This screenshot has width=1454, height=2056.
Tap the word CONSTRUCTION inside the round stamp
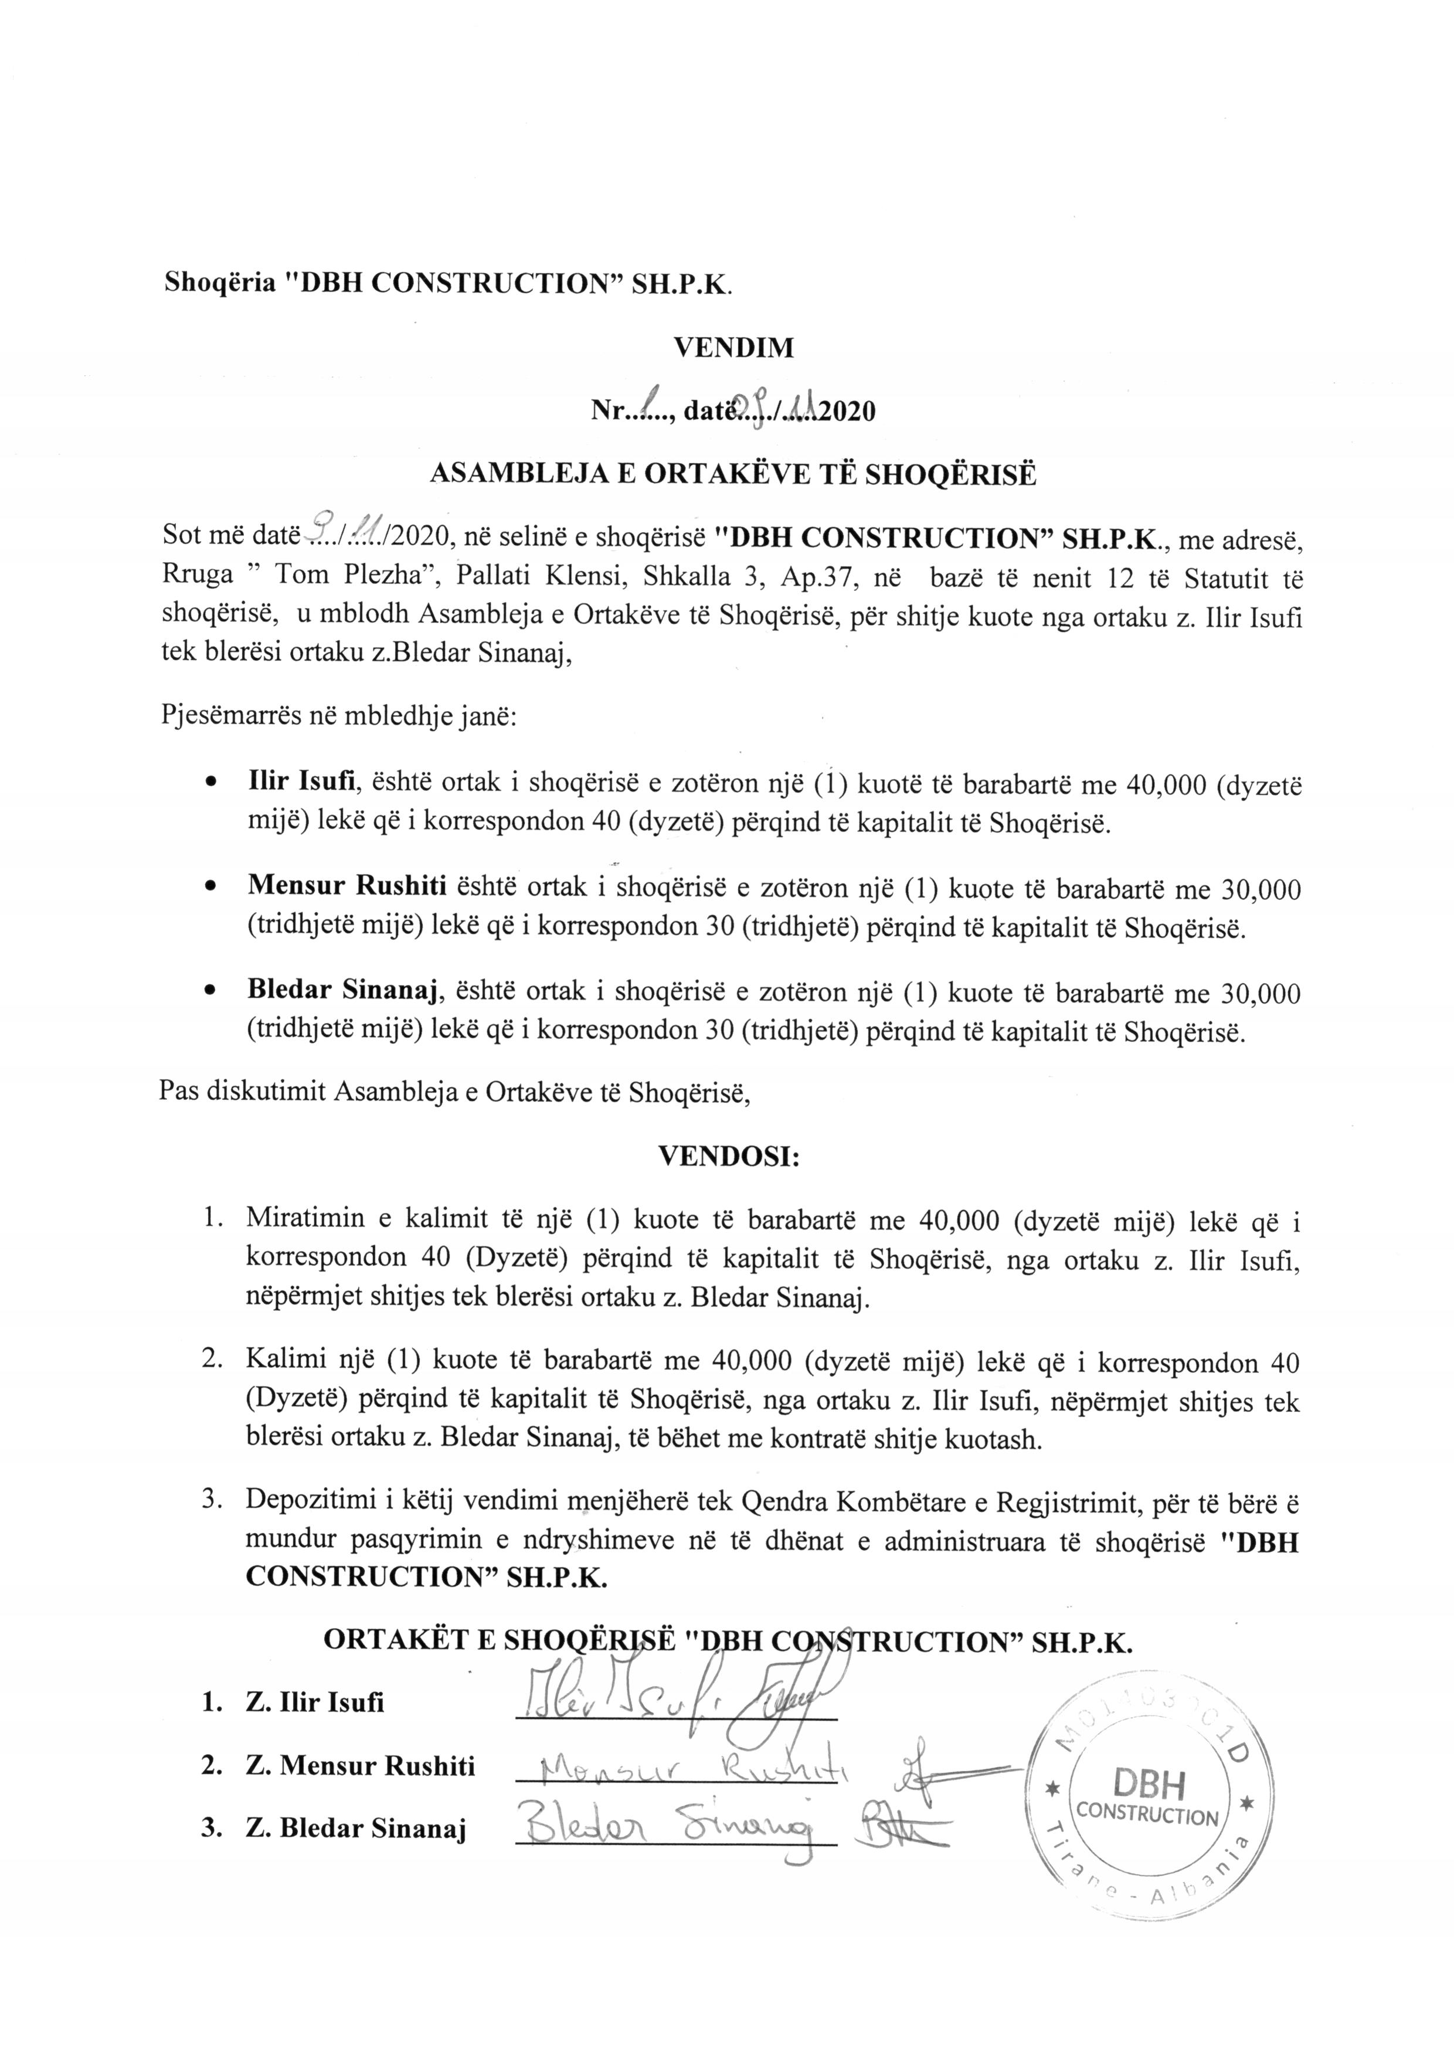point(1149,1791)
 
